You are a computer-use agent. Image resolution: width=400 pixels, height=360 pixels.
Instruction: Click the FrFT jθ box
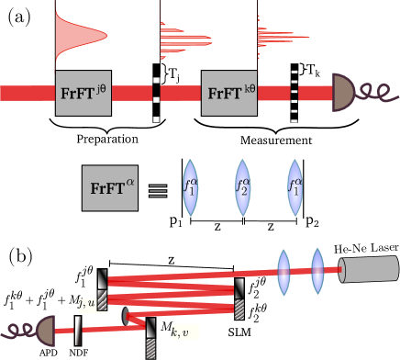coord(83,93)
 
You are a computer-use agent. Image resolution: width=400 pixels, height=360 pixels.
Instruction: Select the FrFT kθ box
coord(228,93)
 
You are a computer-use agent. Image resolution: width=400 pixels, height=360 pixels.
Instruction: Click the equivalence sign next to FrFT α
coord(158,190)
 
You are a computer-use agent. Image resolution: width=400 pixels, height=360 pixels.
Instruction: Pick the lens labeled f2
coord(242,188)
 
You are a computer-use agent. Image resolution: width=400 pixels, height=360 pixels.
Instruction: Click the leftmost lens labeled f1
coord(190,188)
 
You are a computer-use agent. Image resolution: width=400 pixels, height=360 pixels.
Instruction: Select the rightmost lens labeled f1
coord(294,188)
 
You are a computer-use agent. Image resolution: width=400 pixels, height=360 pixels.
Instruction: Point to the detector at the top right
coord(343,93)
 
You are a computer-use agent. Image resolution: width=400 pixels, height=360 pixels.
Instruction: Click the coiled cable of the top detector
coord(377,93)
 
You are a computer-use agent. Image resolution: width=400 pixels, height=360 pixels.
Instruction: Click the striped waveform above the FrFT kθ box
coord(187,35)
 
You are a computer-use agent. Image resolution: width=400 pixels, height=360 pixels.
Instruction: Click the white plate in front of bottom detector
coord(79,330)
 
